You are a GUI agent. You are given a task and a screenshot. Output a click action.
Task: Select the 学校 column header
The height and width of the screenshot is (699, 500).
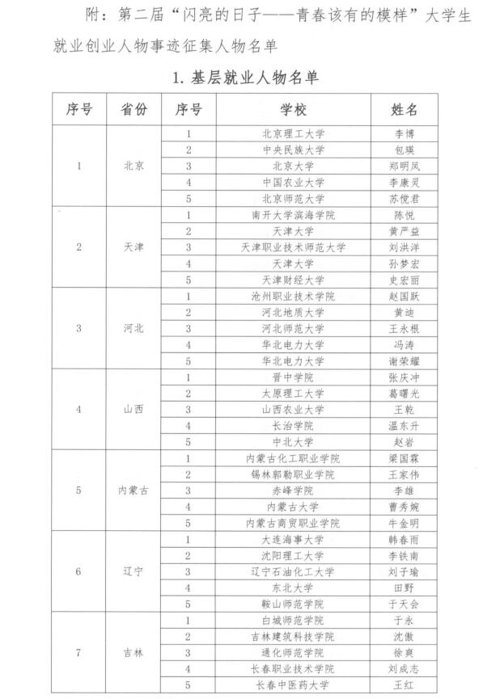pos(293,109)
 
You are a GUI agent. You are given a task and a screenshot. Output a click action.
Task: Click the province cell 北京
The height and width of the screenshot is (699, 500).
pos(133,166)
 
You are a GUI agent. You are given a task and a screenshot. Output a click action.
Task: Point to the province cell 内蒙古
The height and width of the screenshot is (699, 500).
pos(133,490)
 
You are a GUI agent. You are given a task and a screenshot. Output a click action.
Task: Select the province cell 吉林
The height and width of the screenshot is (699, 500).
pos(133,652)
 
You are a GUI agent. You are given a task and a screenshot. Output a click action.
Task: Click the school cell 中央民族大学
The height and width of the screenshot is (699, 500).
pos(293,149)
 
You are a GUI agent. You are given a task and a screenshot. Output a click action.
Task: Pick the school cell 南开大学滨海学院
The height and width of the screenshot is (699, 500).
pos(293,215)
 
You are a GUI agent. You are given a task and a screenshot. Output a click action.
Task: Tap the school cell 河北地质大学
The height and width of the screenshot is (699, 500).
pos(293,312)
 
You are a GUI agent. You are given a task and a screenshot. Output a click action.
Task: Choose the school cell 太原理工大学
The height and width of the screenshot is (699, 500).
pos(293,393)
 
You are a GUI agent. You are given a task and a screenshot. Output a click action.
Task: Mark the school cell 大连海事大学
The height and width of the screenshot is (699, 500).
pos(293,539)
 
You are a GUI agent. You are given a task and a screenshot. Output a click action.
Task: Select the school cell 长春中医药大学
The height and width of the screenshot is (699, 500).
pos(293,685)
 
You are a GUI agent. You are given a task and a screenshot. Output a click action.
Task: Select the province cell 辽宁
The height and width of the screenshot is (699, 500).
pos(133,571)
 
